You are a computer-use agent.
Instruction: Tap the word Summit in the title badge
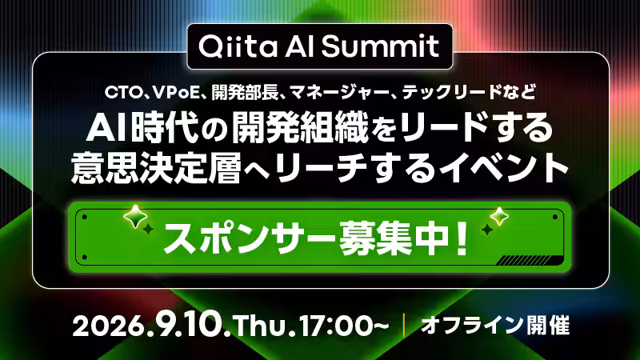[380, 46]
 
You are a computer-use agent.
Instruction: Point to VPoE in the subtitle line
[175, 93]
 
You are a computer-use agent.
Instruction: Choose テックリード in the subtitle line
[451, 93]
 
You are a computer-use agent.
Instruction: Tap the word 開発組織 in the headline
[300, 128]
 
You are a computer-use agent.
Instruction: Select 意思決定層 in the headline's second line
[155, 168]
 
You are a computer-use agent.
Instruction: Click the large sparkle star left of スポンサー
[135, 216]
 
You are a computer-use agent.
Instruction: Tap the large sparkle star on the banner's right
[498, 216]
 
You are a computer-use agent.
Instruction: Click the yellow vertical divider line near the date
[404, 326]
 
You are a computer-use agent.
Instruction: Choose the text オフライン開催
[495, 326]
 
